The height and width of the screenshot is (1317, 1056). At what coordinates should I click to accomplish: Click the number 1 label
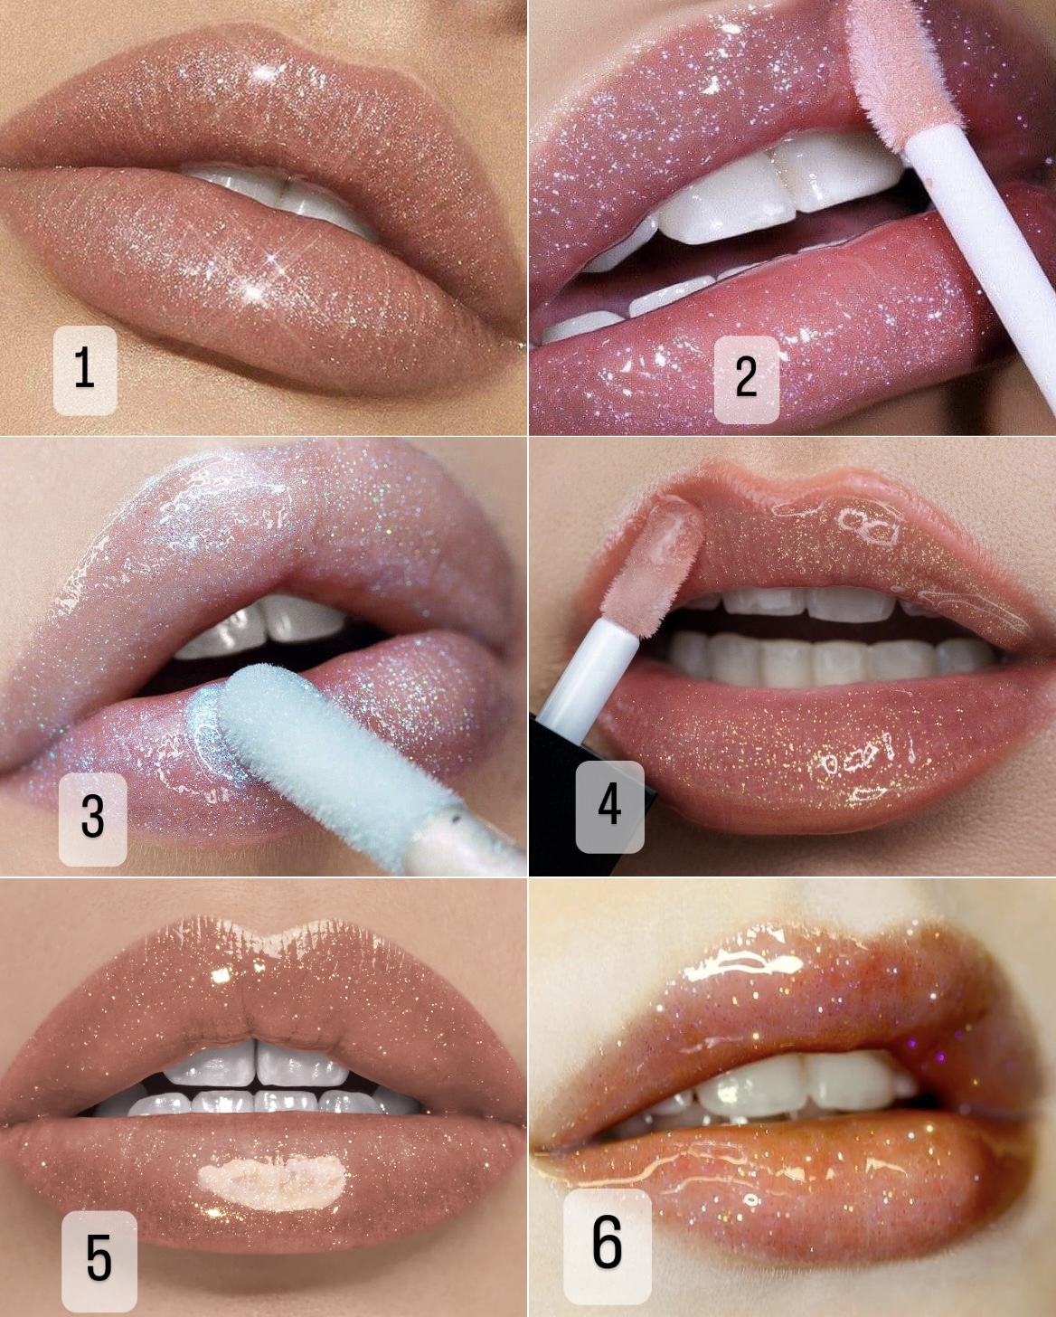coord(85,370)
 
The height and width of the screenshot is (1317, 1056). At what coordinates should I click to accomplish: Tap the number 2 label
coord(747,379)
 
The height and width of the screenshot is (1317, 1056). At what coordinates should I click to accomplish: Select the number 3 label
coord(92,819)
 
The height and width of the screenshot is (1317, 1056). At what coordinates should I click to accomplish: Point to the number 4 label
coord(609,807)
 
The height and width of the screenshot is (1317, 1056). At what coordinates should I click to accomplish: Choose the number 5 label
coord(99,1261)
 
